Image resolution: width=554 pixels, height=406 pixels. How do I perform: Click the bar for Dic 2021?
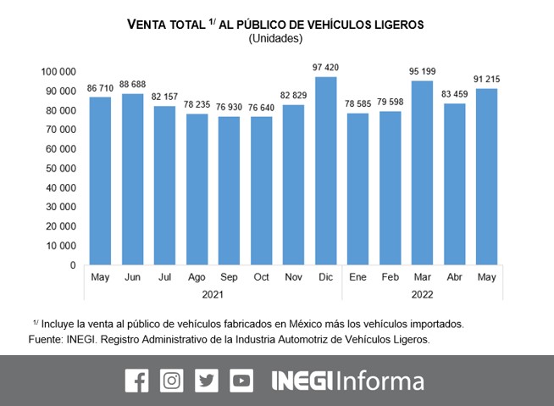tap(326, 171)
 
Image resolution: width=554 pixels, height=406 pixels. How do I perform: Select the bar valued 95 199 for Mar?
tap(422, 173)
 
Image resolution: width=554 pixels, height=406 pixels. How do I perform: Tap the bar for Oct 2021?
tap(262, 191)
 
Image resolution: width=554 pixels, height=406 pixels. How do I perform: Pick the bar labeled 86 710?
tap(101, 181)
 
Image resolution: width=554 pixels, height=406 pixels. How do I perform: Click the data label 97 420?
tap(326, 67)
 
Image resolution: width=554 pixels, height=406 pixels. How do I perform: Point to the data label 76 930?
tap(230, 106)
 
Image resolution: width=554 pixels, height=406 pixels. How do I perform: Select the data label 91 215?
tap(487, 79)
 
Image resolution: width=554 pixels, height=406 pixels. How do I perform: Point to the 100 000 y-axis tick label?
tap(57, 71)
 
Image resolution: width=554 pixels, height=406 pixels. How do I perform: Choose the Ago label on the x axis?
tap(197, 277)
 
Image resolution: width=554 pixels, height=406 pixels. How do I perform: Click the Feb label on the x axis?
tap(390, 277)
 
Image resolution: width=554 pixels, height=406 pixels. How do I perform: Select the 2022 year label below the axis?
tap(422, 294)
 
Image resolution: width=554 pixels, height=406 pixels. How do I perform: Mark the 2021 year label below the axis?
tap(213, 294)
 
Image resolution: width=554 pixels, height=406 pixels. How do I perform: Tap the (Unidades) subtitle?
tap(275, 38)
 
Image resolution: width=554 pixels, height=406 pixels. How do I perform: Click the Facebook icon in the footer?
tap(136, 381)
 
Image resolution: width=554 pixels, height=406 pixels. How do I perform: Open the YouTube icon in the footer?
tap(241, 381)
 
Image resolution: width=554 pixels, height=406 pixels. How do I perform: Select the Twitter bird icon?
tap(207, 381)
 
